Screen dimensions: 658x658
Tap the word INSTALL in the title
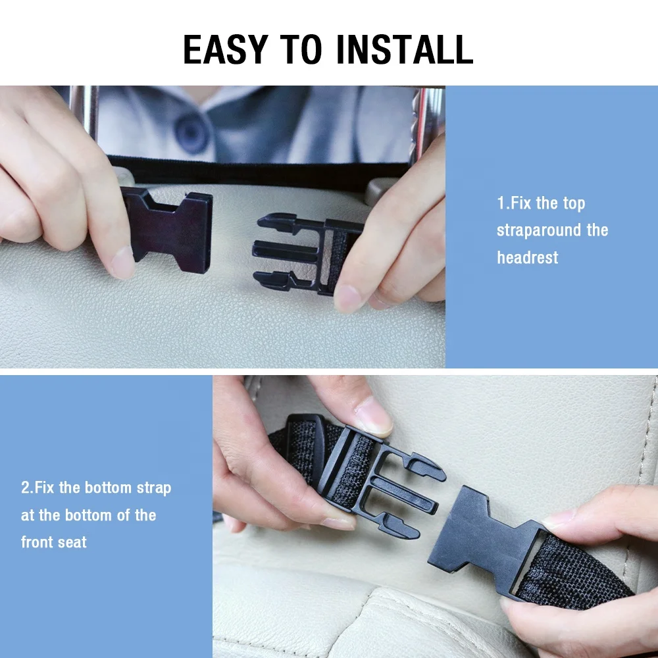point(406,49)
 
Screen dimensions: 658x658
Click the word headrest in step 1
point(527,257)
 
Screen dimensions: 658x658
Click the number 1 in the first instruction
point(500,203)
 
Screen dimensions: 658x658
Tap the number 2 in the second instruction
point(25,488)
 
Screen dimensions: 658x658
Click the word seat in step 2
point(72,542)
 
